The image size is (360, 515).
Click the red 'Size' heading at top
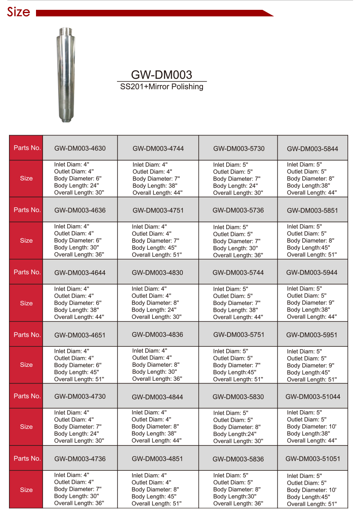click(x=18, y=12)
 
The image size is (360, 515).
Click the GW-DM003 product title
click(x=162, y=75)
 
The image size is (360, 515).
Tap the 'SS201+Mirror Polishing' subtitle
click(x=162, y=87)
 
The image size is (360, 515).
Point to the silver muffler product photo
click(x=65, y=75)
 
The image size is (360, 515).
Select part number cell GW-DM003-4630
click(x=80, y=148)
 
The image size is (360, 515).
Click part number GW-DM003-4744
click(x=158, y=148)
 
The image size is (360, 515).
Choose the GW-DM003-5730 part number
click(x=239, y=148)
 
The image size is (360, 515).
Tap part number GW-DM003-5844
click(x=313, y=149)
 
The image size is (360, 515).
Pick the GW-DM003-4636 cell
click(x=80, y=210)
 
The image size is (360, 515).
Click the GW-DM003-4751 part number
click(x=158, y=210)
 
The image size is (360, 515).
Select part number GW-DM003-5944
click(x=312, y=273)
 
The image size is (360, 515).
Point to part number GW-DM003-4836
click(x=157, y=334)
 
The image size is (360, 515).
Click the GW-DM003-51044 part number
click(x=313, y=396)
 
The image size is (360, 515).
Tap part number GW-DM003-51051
click(x=313, y=459)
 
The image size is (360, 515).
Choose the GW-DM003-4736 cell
click(x=80, y=459)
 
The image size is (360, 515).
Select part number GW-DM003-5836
click(x=238, y=459)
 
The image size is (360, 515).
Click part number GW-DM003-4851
click(x=157, y=459)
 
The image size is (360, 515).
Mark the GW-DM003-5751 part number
click(x=239, y=334)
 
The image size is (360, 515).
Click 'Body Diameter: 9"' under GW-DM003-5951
click(x=310, y=366)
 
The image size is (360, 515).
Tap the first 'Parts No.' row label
click(x=27, y=148)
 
